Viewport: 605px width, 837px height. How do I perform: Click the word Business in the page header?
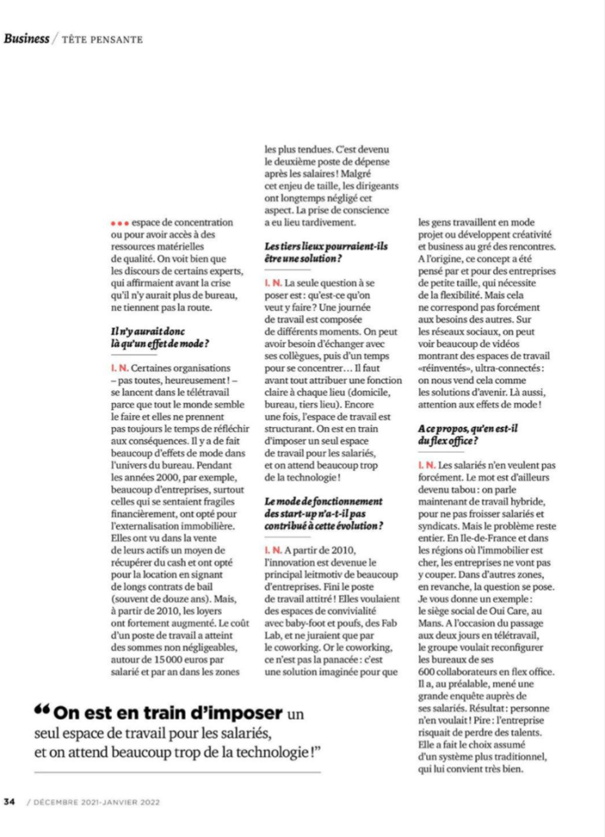pyautogui.click(x=27, y=38)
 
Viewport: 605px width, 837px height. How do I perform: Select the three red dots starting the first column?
pyautogui.click(x=119, y=222)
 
